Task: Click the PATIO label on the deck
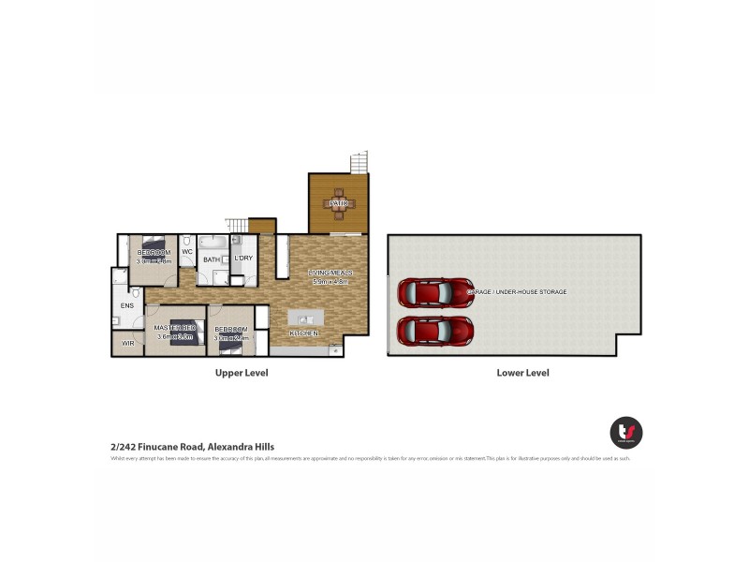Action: (338, 203)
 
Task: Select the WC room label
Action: (186, 252)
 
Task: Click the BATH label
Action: (212, 259)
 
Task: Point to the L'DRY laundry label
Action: (243, 258)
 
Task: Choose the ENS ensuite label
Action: (125, 305)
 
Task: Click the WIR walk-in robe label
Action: (127, 344)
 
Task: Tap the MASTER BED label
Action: (173, 327)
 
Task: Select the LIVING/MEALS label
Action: (329, 273)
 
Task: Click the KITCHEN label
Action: (304, 333)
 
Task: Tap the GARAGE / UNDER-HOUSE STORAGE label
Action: (517, 292)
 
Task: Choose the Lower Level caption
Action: (522, 373)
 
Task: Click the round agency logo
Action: (625, 432)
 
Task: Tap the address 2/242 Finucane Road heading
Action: (192, 448)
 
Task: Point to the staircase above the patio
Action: (359, 163)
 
